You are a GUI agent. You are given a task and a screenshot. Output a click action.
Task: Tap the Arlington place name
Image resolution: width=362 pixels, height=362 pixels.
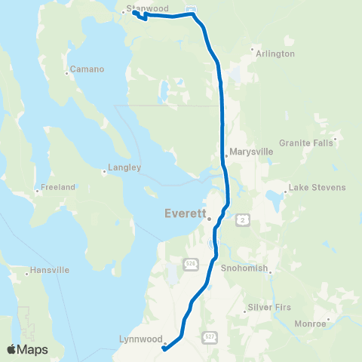point(275,54)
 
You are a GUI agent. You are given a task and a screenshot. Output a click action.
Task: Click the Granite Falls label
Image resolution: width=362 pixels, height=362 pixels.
point(302,143)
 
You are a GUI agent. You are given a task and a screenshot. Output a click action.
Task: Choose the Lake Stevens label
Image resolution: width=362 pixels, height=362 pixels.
point(318,187)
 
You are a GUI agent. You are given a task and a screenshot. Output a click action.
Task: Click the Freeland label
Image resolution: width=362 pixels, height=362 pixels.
point(58,187)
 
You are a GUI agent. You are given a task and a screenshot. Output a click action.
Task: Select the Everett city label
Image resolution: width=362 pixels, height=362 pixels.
point(185,213)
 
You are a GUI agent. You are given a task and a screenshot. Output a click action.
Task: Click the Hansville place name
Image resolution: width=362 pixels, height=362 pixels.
point(50,269)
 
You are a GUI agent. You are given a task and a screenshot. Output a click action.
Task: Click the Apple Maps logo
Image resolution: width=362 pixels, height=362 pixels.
point(27,349)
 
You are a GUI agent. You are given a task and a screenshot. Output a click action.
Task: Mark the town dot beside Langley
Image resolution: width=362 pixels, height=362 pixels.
point(104,171)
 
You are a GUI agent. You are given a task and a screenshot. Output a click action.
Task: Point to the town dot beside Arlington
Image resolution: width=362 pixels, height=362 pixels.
point(253,50)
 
